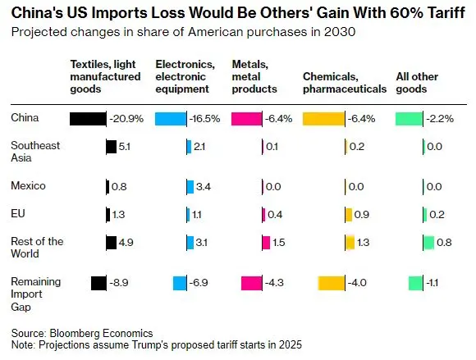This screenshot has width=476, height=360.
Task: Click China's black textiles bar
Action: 88,119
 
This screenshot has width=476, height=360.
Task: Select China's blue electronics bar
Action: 171,119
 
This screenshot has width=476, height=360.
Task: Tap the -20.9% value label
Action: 126,119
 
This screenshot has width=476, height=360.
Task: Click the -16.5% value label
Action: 204,119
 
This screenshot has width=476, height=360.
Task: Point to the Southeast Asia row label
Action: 35,152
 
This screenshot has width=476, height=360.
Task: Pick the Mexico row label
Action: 28,185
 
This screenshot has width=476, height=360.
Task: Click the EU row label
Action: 18,214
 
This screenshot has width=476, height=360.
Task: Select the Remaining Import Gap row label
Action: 36,294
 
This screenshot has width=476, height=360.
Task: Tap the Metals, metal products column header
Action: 254,76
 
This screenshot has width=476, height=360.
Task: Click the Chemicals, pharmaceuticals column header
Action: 345,83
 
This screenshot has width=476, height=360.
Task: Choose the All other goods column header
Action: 417,83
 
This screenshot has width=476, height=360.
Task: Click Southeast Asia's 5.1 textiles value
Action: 125,147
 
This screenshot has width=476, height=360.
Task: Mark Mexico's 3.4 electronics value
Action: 204,186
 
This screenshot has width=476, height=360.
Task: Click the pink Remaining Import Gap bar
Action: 252,283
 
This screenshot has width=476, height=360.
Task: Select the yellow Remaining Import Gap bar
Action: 332,283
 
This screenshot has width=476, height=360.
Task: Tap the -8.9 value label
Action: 119,283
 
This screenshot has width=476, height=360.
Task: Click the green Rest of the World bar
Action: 428,243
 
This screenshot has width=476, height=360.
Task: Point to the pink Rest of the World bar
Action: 266,243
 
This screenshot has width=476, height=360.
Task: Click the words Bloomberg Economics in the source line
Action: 101,333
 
